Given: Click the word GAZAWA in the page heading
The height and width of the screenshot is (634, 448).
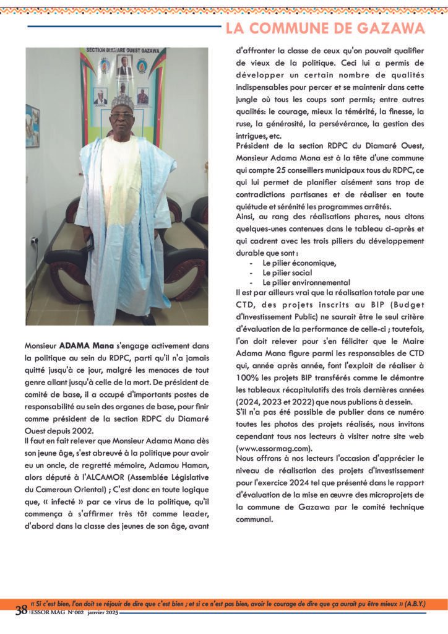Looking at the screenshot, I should click(x=394, y=28).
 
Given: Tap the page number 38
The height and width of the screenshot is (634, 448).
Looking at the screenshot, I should click(x=21, y=610).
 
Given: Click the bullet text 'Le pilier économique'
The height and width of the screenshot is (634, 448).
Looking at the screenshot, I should click(x=299, y=263).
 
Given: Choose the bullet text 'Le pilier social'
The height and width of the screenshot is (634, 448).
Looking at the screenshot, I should click(x=287, y=272).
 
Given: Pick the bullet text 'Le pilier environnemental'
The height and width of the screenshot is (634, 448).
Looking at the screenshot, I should click(x=306, y=282).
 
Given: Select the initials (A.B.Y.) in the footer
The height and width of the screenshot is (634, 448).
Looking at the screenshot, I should click(x=415, y=602).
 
